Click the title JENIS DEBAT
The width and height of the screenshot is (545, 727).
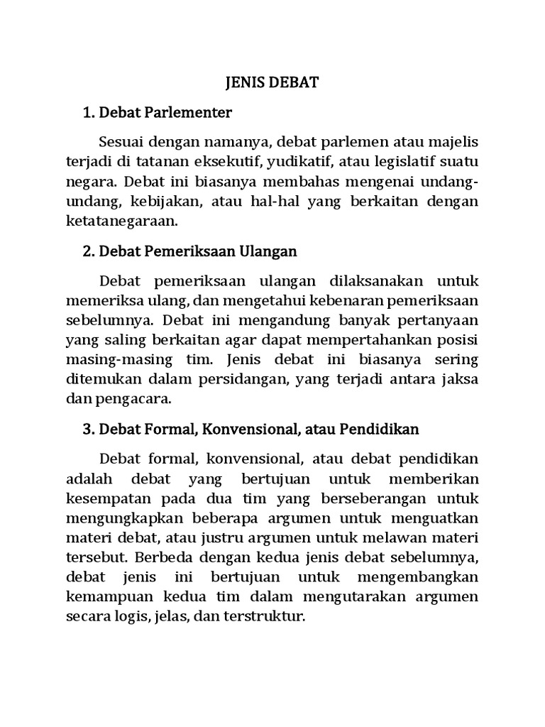click(x=272, y=83)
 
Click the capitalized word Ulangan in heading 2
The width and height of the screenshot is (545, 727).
click(x=272, y=251)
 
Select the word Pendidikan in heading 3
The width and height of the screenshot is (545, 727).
click(x=378, y=430)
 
